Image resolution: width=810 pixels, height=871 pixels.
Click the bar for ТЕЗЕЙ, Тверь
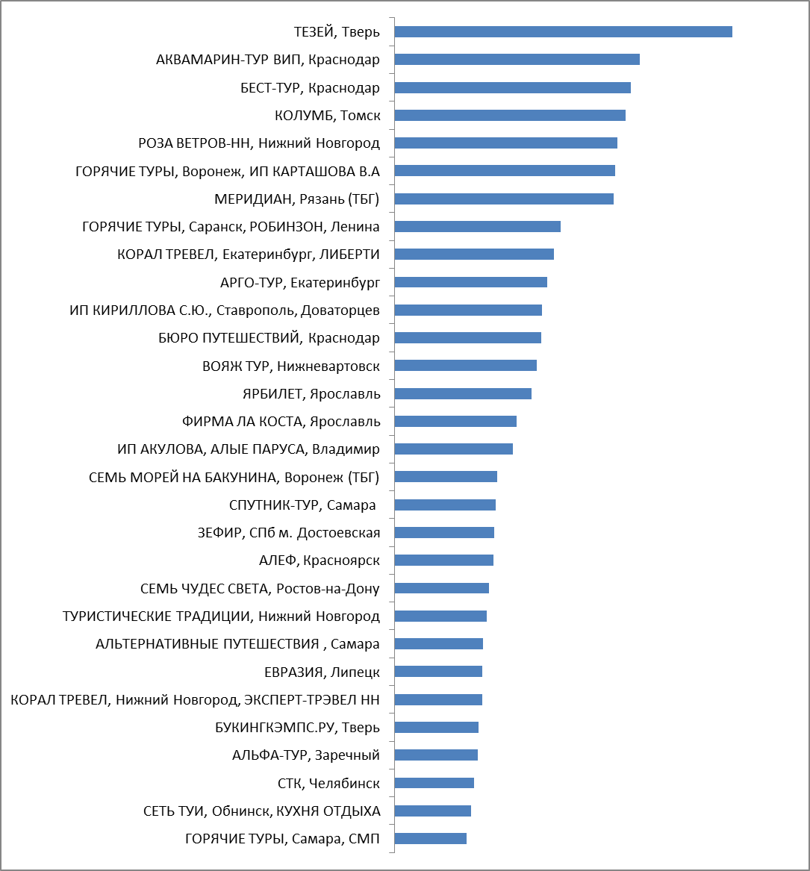click(564, 31)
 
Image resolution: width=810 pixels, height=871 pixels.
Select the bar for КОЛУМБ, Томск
click(510, 115)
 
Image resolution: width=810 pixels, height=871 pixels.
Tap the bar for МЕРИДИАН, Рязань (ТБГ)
click(505, 199)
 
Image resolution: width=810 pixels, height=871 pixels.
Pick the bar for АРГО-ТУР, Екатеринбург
click(471, 282)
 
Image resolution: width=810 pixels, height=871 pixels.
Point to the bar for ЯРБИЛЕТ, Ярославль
click(464, 394)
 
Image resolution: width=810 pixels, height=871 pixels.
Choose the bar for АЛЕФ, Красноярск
click(444, 561)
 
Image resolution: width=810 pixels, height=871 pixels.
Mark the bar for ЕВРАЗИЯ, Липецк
click(438, 672)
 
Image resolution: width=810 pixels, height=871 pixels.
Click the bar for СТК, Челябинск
click(434, 783)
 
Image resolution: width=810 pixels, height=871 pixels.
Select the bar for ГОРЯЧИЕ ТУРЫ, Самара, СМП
click(431, 839)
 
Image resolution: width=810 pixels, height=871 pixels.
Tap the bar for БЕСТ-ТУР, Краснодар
click(513, 88)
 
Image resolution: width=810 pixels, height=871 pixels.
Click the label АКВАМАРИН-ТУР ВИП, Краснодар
click(268, 60)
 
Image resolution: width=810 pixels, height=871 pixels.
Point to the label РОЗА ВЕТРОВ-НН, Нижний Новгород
click(259, 143)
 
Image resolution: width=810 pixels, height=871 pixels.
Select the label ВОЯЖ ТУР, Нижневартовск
click(291, 366)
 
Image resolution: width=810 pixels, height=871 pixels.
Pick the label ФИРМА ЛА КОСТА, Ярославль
click(281, 422)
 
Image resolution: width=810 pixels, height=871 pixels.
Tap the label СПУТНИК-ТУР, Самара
click(302, 505)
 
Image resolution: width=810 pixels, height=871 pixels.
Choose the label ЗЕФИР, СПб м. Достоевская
click(289, 533)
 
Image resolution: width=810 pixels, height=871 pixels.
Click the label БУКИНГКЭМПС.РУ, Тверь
click(297, 728)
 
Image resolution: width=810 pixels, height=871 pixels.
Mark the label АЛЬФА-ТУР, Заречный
click(306, 755)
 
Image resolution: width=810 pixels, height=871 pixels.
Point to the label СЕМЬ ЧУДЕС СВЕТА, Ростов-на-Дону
click(260, 588)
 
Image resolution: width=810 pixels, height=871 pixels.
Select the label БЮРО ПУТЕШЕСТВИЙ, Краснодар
click(269, 338)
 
